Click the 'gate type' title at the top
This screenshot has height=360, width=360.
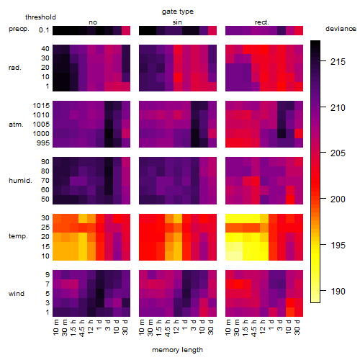click(178, 12)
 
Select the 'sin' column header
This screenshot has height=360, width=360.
click(177, 22)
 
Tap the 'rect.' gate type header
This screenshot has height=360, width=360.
click(262, 22)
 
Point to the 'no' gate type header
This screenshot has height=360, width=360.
click(93, 22)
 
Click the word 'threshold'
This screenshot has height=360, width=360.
click(40, 17)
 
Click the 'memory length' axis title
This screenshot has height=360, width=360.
click(178, 350)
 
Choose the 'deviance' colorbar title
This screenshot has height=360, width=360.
click(341, 29)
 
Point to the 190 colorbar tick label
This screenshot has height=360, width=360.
click(338, 291)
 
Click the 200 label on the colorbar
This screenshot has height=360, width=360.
click(338, 199)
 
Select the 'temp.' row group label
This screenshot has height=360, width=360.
click(18, 236)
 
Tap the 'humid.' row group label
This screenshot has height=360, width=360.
click(20, 180)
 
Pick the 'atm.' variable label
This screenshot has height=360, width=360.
click(16, 125)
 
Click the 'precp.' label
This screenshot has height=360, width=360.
click(19, 29)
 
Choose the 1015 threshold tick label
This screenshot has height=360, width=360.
click(41, 105)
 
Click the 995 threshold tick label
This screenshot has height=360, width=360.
click(43, 143)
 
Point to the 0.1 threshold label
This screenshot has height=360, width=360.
click(44, 30)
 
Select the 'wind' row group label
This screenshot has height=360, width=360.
click(17, 294)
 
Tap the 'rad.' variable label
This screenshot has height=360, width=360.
click(15, 68)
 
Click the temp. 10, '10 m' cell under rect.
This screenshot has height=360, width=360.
click(230, 256)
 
